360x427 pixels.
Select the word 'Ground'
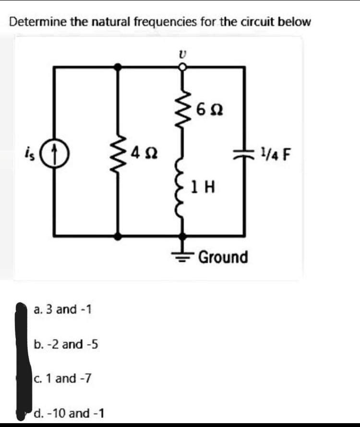click(223, 257)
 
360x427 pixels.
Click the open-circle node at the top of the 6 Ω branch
click(182, 68)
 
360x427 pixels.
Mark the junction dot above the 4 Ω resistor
click(118, 68)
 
